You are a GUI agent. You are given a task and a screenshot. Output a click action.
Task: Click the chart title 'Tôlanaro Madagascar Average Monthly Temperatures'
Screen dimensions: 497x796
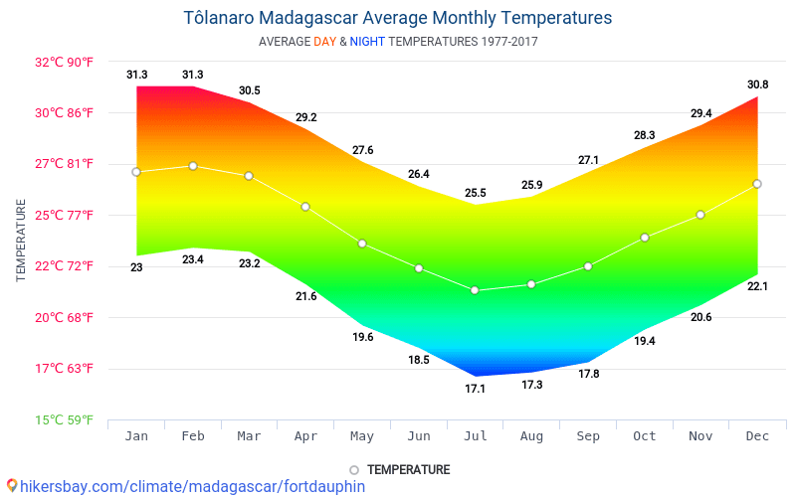[x=398, y=18]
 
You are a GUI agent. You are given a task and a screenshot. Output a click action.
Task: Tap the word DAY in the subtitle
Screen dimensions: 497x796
[x=324, y=42]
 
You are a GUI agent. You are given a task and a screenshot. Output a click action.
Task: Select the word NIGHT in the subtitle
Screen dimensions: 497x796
[x=367, y=42]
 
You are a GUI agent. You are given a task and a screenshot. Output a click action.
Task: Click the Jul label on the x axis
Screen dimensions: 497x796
[x=475, y=437]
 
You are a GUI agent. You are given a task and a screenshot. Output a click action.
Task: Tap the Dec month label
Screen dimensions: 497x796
[x=757, y=437]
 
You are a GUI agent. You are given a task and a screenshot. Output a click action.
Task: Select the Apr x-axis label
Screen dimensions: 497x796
[x=305, y=437]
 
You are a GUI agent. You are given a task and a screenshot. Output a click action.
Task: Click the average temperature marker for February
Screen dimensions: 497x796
[x=193, y=166]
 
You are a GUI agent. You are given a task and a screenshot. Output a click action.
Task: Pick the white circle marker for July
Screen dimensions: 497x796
[x=475, y=290]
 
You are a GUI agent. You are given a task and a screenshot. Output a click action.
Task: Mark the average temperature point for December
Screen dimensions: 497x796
[x=757, y=184]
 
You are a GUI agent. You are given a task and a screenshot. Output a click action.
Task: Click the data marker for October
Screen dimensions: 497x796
[x=645, y=238]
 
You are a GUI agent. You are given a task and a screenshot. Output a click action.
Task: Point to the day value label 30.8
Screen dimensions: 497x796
[x=758, y=84]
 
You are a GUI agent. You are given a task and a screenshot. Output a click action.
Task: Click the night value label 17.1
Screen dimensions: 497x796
[x=475, y=389]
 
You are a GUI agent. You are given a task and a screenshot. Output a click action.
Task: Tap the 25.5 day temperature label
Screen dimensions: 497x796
[x=476, y=193]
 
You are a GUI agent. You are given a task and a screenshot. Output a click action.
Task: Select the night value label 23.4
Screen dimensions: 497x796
[x=193, y=260]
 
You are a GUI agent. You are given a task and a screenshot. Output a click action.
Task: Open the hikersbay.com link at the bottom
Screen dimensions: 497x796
[x=184, y=486]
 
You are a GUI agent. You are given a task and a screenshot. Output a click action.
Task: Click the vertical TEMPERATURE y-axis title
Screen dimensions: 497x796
[x=21, y=240]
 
